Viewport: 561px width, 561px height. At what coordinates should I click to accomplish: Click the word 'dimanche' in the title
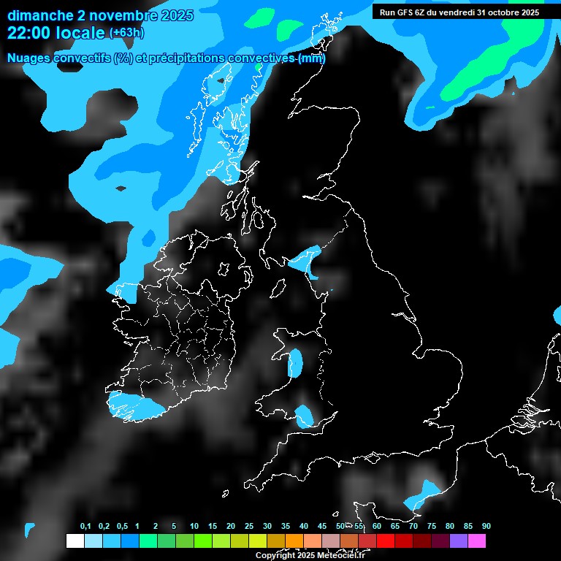coord(40,15)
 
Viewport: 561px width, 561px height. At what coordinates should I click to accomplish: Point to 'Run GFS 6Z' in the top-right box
coord(403,12)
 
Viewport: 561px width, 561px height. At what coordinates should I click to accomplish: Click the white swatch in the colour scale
coord(75,541)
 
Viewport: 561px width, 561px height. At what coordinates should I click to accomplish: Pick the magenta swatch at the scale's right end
coord(476,541)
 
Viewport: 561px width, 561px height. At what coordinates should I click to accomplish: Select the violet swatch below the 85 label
coord(458,541)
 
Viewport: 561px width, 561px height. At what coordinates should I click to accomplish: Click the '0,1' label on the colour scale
coord(85,527)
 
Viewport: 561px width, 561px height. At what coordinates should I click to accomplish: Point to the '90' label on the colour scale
coord(486,527)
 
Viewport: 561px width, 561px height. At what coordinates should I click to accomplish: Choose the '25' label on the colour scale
coord(249,527)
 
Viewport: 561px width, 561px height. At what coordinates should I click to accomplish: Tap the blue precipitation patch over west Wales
coord(296,362)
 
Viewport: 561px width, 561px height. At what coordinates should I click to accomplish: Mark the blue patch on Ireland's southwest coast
coord(135,406)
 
